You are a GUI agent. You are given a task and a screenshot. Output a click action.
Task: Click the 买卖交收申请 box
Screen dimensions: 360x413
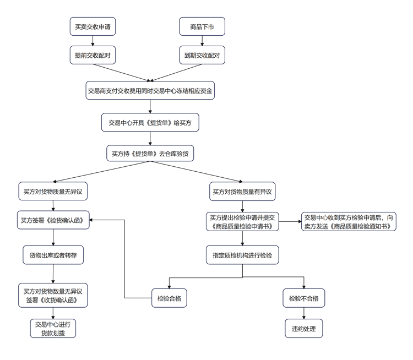[93, 26]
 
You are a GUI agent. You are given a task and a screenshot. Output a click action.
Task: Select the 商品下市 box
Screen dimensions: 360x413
[202, 26]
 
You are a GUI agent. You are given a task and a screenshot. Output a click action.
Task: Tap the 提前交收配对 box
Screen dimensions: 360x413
[93, 55]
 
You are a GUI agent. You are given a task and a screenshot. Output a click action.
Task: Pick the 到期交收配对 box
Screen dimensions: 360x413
[202, 55]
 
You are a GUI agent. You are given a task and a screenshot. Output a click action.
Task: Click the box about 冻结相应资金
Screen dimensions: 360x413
[150, 90]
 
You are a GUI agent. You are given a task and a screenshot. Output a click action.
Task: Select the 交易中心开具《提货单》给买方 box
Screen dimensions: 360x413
[150, 123]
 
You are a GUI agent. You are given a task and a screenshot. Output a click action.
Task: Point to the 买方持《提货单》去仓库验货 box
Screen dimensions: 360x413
[150, 154]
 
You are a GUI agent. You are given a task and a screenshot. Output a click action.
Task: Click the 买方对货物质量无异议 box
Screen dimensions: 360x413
[53, 192]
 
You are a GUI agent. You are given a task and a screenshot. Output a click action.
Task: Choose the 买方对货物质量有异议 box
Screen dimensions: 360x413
[243, 192]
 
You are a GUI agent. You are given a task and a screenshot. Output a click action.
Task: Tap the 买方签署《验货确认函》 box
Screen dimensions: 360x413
[53, 220]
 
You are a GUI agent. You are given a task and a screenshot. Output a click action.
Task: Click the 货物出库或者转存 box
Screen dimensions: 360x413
[53, 255]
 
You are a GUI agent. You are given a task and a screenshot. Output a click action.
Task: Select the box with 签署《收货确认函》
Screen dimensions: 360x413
[53, 295]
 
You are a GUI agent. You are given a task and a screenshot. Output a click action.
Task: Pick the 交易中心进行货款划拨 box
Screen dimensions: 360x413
[53, 328]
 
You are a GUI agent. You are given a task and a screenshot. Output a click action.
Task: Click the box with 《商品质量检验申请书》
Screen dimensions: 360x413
[243, 221]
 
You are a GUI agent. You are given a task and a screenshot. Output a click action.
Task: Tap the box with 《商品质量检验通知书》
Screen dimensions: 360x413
[349, 221]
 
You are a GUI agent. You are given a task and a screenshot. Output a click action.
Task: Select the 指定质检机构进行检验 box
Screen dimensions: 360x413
[243, 255]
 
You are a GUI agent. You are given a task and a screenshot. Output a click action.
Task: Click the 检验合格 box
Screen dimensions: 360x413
[169, 298]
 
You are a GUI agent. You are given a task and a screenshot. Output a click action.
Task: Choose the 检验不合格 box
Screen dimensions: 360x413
[304, 298]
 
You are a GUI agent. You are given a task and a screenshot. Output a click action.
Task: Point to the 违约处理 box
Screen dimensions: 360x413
[304, 329]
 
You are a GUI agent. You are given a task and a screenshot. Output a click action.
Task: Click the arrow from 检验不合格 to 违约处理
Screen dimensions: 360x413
[304, 313]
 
